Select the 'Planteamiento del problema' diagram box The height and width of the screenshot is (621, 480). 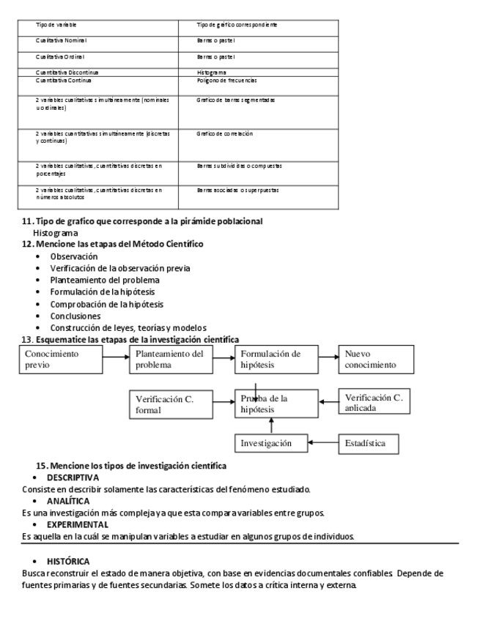click(173, 359)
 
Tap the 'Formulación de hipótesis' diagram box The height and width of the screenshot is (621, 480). click(276, 359)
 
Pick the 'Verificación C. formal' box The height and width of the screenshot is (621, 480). click(173, 404)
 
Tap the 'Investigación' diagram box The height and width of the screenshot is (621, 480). click(271, 443)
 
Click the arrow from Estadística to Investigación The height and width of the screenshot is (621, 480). click(323, 443)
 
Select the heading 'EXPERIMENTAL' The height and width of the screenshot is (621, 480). click(78, 524)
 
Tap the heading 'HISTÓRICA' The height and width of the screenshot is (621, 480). click(68, 560)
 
